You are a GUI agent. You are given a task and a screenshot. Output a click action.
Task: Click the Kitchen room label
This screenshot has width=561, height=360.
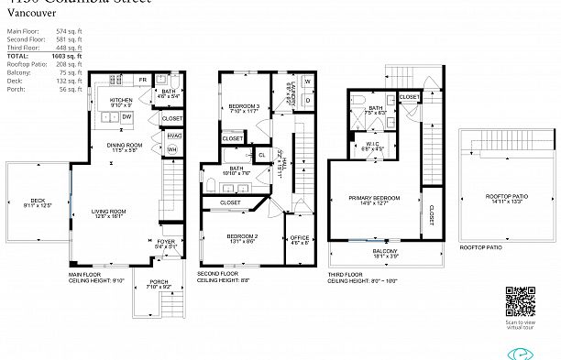(122, 100)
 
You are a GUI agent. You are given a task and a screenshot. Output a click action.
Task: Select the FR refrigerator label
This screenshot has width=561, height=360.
(143, 81)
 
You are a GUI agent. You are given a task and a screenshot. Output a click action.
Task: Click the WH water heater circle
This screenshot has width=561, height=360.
(171, 149)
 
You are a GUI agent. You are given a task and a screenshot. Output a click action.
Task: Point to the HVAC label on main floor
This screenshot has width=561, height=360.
(172, 135)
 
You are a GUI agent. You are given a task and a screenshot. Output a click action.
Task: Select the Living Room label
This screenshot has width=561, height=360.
(108, 213)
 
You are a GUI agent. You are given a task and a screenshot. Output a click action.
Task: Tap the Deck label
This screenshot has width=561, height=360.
(38, 202)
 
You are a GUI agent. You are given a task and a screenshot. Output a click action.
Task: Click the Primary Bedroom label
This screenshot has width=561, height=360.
(374, 200)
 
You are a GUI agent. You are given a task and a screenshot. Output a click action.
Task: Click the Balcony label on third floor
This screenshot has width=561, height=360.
(385, 253)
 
